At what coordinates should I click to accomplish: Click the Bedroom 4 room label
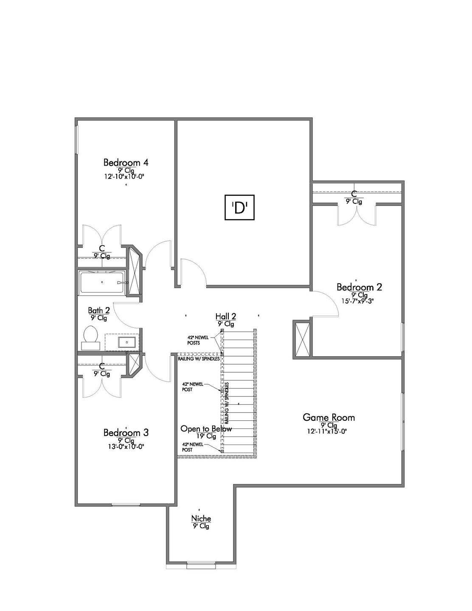point(126,163)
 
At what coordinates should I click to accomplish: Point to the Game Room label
point(329,417)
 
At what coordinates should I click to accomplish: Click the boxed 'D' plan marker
point(239,207)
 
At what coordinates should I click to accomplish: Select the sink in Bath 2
point(127,342)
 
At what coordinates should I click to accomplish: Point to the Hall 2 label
point(226,316)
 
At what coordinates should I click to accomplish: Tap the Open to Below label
point(206,429)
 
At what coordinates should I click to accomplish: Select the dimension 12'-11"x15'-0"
point(327,431)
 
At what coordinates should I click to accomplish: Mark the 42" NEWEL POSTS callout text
point(198,340)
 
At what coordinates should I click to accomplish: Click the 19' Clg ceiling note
point(206,436)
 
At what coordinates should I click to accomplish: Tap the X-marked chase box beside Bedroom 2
point(301,339)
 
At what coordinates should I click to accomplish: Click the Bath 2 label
point(99,310)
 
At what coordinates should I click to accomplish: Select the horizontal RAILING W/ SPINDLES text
point(199,358)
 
